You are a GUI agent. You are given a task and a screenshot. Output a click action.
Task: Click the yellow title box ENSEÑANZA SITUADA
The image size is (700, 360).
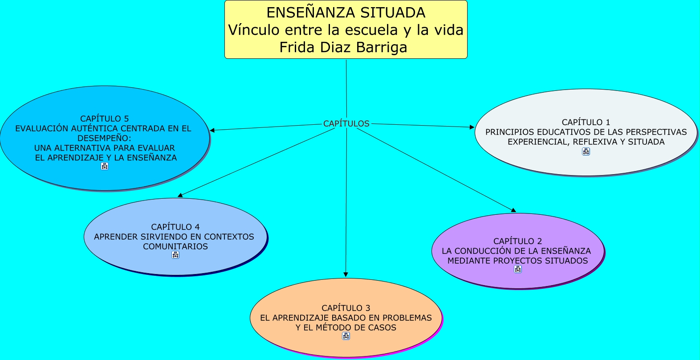[x=346, y=29]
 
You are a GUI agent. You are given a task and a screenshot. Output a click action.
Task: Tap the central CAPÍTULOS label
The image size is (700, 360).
[x=346, y=123]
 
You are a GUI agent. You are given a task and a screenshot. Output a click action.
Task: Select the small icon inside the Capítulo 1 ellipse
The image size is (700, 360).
[x=586, y=151]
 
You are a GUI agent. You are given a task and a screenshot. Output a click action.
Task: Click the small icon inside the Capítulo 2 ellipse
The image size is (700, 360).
[x=517, y=269]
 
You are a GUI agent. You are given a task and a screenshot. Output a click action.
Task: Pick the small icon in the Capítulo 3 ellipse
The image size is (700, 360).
[x=346, y=336]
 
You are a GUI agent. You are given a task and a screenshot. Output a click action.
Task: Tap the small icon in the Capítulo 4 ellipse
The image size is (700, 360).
[x=175, y=255]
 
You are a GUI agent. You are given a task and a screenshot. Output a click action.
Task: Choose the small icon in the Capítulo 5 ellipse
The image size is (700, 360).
[x=104, y=166]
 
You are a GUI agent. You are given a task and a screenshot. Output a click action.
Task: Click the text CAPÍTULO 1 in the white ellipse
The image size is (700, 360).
[x=586, y=122]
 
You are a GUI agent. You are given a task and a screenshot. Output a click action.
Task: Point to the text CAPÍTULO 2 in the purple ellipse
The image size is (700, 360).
[x=517, y=241]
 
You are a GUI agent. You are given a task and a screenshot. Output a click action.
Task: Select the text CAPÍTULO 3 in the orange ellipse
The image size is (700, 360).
[x=346, y=308]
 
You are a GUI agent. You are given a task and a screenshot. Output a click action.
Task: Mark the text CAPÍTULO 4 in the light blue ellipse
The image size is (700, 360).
[x=175, y=227]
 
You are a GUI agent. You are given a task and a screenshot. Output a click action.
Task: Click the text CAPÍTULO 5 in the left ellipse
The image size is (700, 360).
[x=104, y=119]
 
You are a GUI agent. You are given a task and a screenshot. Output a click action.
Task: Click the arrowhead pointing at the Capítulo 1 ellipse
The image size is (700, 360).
[x=472, y=127]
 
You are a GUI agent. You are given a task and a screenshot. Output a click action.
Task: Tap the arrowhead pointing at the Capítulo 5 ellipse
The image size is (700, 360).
[x=212, y=130]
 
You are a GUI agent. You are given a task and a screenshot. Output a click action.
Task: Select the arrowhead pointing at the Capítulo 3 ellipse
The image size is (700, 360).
[x=346, y=274]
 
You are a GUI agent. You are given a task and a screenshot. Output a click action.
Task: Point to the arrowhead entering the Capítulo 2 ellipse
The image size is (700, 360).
[x=513, y=210]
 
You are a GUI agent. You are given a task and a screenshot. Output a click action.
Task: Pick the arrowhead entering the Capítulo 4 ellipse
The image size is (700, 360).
[x=180, y=195]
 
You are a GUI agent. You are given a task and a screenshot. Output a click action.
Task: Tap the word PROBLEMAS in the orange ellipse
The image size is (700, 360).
[x=407, y=318]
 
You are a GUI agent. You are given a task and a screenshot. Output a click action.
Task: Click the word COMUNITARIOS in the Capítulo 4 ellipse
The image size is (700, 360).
[x=175, y=246]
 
